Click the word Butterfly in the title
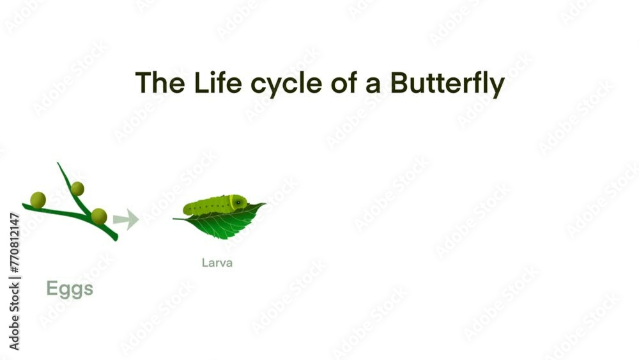click(447, 84)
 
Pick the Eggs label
click(70, 289)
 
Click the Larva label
click(217, 262)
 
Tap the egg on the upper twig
click(77, 189)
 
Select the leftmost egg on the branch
click(38, 200)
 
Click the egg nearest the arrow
click(98, 216)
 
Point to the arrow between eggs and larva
click(126, 219)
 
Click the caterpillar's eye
click(238, 202)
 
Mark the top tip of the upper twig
click(58, 164)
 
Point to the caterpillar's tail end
click(186, 209)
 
